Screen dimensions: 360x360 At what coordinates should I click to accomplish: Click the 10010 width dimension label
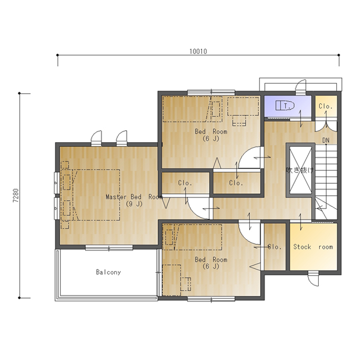coord(198,51)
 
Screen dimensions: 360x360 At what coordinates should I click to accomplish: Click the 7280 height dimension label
coord(15,195)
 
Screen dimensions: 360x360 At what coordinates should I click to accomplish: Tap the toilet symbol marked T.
coord(285,105)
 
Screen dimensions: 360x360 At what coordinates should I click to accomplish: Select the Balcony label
coord(109,272)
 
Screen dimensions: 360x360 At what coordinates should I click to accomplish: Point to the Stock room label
coord(313,247)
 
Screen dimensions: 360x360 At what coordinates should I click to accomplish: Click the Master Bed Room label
coord(134,197)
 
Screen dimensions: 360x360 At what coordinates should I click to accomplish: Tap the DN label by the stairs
coord(326,140)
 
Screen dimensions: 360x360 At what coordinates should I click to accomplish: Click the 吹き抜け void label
coord(300,170)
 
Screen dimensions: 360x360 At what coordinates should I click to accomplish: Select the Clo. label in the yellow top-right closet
coord(326,106)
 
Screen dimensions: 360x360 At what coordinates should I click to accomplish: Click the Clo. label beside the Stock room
coord(275,247)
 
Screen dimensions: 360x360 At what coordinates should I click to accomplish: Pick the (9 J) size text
coord(134,204)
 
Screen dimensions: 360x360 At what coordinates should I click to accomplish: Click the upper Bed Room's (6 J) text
coord(211,139)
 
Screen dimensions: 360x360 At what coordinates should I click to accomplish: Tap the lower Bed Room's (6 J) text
coord(211,266)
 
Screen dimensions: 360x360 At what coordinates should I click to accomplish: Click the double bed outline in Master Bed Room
coord(96,195)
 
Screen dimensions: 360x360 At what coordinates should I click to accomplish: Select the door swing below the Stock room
coord(313,278)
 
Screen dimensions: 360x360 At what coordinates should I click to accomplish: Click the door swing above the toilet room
coord(301,87)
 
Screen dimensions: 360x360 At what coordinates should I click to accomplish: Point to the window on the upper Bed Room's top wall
coord(211,93)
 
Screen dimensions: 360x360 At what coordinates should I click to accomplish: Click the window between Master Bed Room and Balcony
coord(109,248)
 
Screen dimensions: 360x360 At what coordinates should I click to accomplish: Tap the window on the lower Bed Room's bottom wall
coord(211,299)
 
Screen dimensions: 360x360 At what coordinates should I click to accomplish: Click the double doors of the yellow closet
coord(326,126)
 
